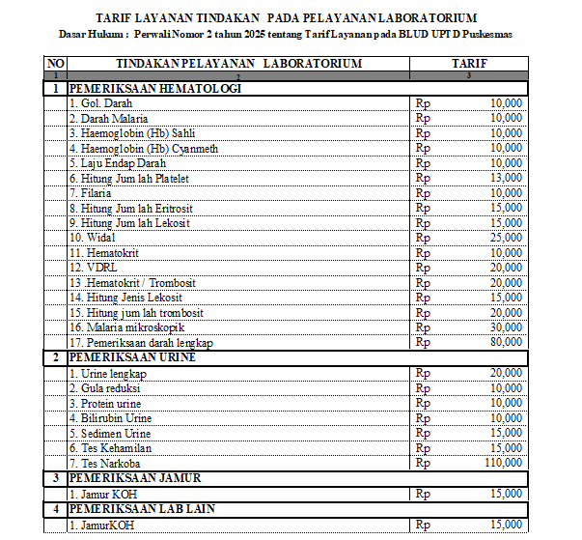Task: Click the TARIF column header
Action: pos(468,64)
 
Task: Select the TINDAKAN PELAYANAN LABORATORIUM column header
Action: pos(238,64)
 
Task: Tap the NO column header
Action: pos(55,64)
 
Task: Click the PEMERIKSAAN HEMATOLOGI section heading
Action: pos(154,88)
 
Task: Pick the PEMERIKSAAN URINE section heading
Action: pos(131,357)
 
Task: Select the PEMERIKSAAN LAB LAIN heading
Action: pos(142,508)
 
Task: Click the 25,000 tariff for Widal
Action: pos(507,238)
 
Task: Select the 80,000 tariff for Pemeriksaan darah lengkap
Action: pos(507,343)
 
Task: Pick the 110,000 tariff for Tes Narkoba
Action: pos(504,463)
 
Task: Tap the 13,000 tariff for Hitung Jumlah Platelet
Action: pos(507,178)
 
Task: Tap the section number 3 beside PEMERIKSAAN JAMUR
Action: pos(55,478)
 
